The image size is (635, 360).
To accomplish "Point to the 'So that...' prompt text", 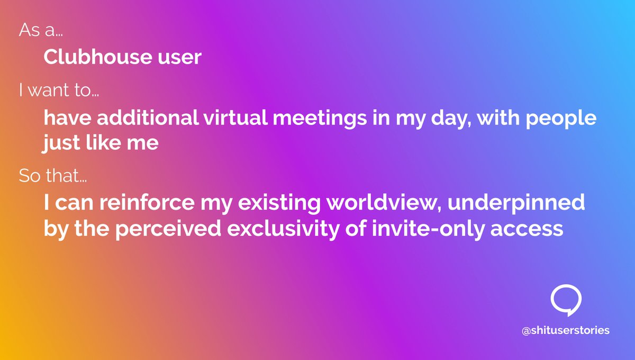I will click(x=53, y=175).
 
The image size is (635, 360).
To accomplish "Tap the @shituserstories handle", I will click(x=566, y=330).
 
